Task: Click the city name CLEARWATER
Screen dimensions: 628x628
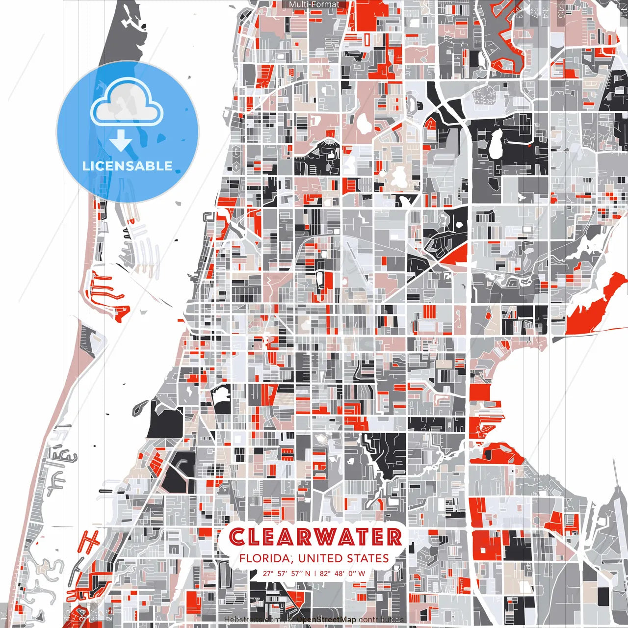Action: [315, 537]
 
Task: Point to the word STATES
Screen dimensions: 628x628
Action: [367, 558]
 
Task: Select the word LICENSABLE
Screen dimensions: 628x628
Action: [128, 166]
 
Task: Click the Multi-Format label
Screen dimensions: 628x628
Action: [314, 4]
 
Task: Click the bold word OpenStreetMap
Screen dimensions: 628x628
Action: [326, 620]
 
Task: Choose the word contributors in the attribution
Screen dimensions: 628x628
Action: [381, 620]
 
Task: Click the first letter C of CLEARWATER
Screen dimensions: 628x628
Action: [237, 537]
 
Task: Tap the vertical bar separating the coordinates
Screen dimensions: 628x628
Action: [315, 573]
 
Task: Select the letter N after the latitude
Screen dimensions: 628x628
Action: [307, 573]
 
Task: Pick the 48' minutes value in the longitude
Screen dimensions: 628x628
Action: [340, 573]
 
